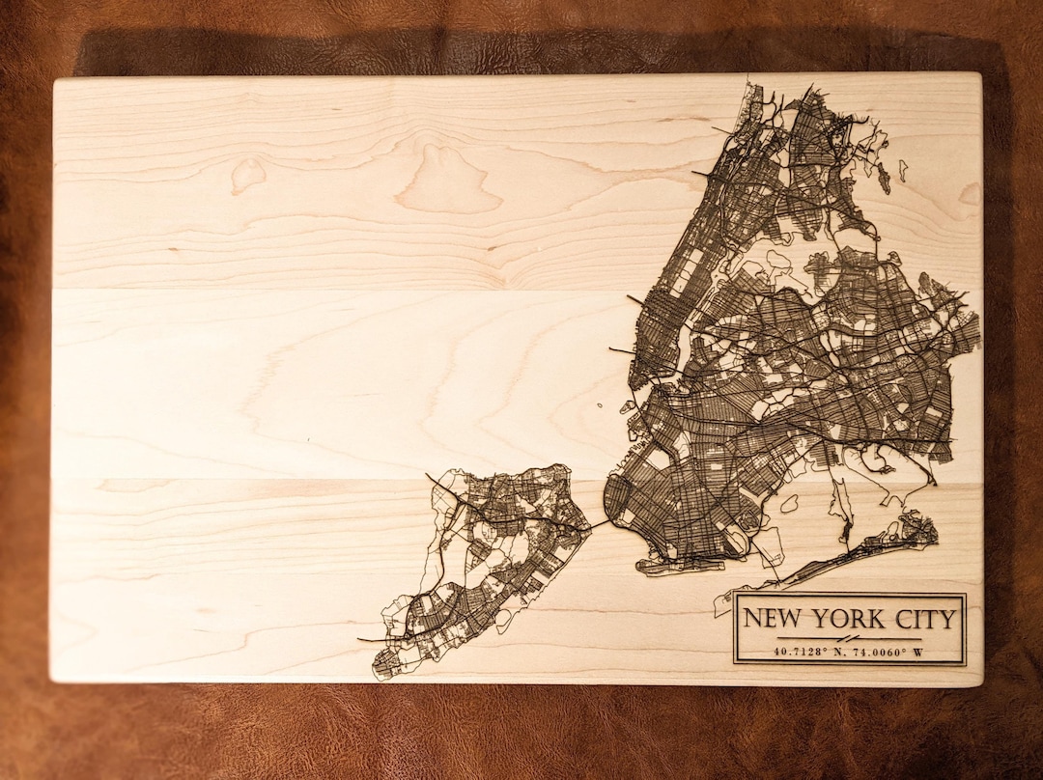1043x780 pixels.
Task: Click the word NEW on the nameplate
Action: pos(774,620)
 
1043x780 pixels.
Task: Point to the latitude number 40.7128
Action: pos(797,652)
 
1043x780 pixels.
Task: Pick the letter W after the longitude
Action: pos(917,652)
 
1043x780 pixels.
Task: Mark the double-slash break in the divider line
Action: pos(847,639)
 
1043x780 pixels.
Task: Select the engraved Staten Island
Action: pos(483,560)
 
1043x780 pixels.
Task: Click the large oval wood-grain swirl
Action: pos(449,181)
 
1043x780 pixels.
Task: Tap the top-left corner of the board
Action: pos(56,79)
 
